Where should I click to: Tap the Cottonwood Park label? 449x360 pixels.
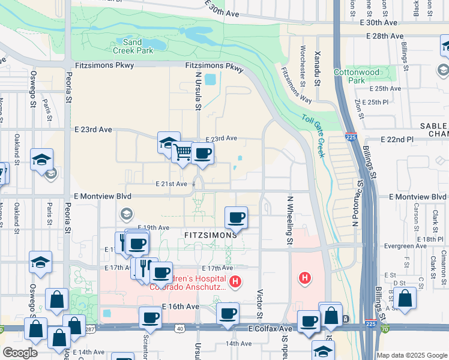coord(366,76)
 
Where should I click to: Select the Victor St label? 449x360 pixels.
coord(260,305)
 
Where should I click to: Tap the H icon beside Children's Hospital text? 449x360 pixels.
coord(235,280)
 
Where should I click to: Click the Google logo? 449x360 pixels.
coord(20,353)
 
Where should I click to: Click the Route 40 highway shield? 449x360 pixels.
coord(180,328)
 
